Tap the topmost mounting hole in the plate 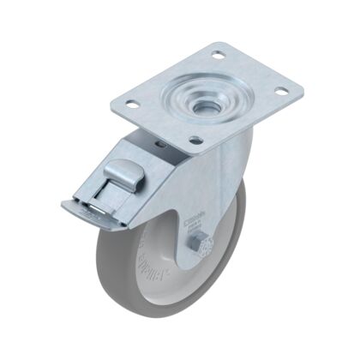[218, 56]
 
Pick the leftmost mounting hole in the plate [132, 105]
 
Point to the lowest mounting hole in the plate [195, 140]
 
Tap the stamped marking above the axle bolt [194, 225]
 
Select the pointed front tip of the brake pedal [65, 205]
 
